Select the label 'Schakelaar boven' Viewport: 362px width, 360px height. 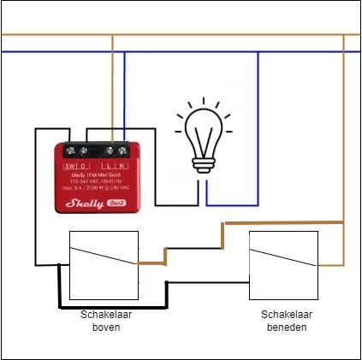click(x=105, y=321)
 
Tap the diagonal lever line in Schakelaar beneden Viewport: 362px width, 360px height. click(x=283, y=257)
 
